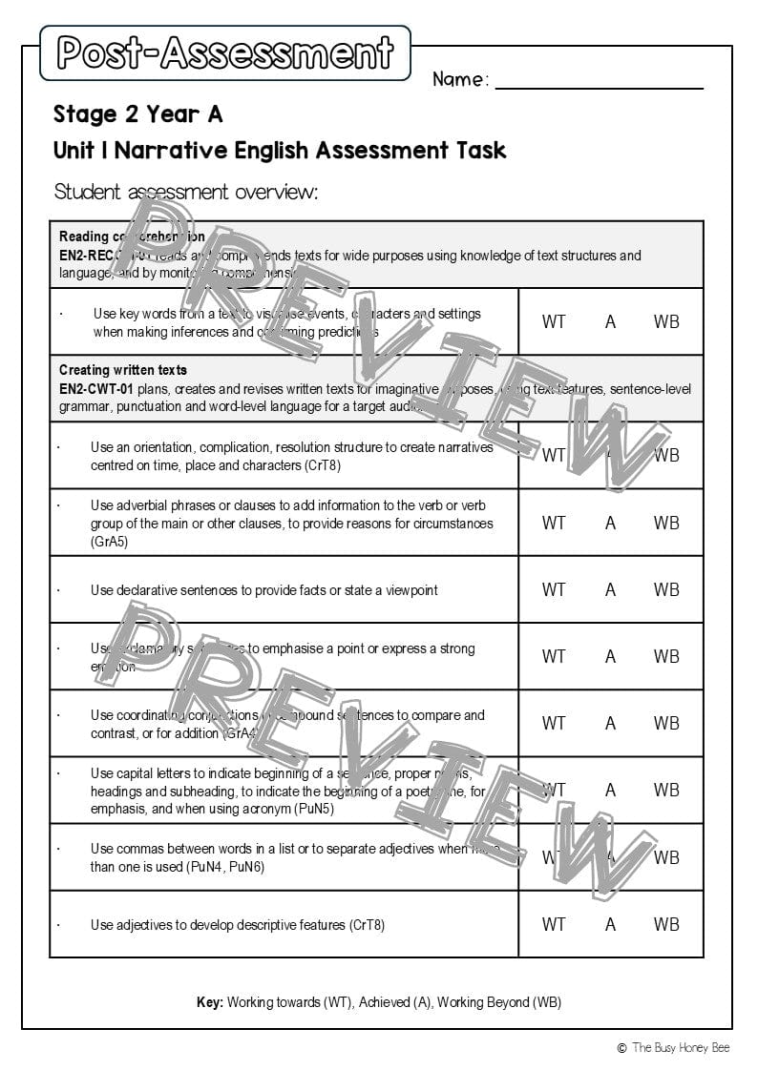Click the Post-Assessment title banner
[x=225, y=52]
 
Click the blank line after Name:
[x=599, y=80]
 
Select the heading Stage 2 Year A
[x=137, y=114]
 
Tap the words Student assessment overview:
[x=185, y=192]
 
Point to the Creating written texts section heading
[x=123, y=370]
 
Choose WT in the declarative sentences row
[x=554, y=589]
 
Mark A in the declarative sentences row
[x=610, y=589]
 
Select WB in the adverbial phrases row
[x=666, y=523]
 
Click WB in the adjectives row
[x=666, y=924]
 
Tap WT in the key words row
[x=554, y=321]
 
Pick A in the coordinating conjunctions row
[x=610, y=723]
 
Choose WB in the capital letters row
[x=666, y=790]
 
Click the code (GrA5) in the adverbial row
[x=110, y=542]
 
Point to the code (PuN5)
[x=308, y=809]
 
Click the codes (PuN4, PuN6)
[x=217, y=867]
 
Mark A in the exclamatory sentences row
[x=610, y=656]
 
